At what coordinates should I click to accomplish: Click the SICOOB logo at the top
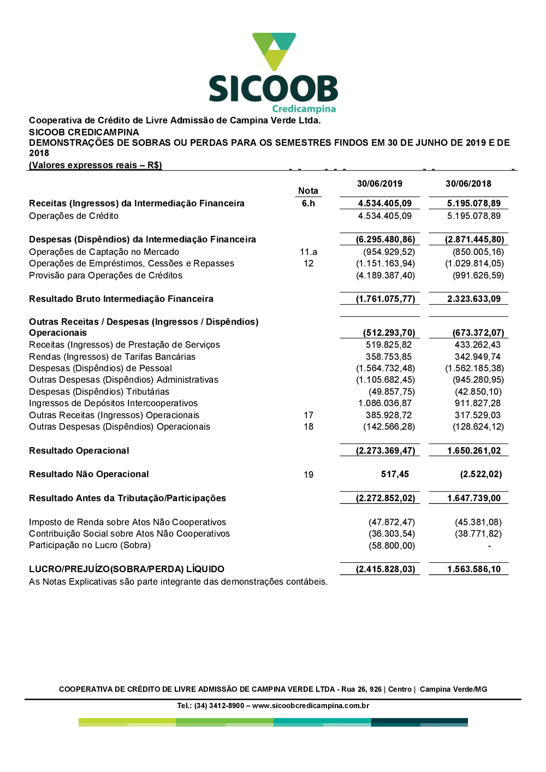(x=274, y=71)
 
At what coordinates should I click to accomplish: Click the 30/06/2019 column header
(x=379, y=184)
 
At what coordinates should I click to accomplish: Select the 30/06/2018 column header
(x=468, y=184)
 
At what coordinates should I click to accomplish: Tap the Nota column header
(x=308, y=191)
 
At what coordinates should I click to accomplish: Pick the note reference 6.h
(x=308, y=204)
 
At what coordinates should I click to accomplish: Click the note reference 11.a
(x=308, y=252)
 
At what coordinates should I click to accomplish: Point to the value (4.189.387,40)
(x=385, y=276)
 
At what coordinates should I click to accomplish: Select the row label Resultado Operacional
(x=79, y=451)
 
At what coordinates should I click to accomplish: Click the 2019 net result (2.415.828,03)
(x=385, y=569)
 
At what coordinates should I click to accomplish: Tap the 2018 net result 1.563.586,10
(x=474, y=569)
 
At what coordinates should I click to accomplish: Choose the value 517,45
(x=395, y=474)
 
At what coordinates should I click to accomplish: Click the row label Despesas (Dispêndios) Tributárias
(x=99, y=392)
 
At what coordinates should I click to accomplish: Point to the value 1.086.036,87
(x=385, y=403)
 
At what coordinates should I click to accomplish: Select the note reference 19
(x=308, y=475)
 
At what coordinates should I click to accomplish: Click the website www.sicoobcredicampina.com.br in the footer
(x=311, y=706)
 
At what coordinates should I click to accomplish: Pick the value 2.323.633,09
(x=474, y=299)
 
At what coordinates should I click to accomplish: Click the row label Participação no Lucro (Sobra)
(x=90, y=545)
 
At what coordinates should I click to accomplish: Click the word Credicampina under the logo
(x=304, y=109)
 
